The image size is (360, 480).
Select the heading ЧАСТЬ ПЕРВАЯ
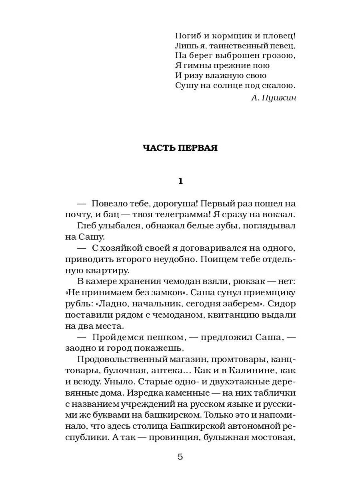(180, 148)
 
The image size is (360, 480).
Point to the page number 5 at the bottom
(180, 457)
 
